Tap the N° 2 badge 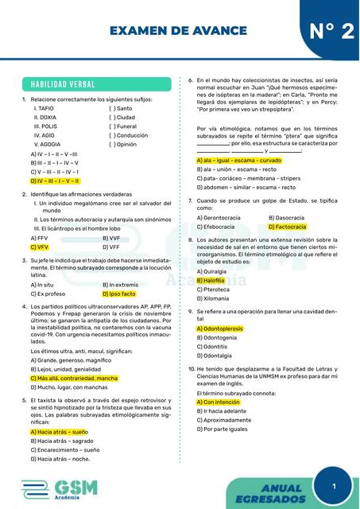point(327,31)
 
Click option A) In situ point(42,284)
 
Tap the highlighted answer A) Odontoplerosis point(222,328)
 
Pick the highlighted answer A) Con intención point(217,402)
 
